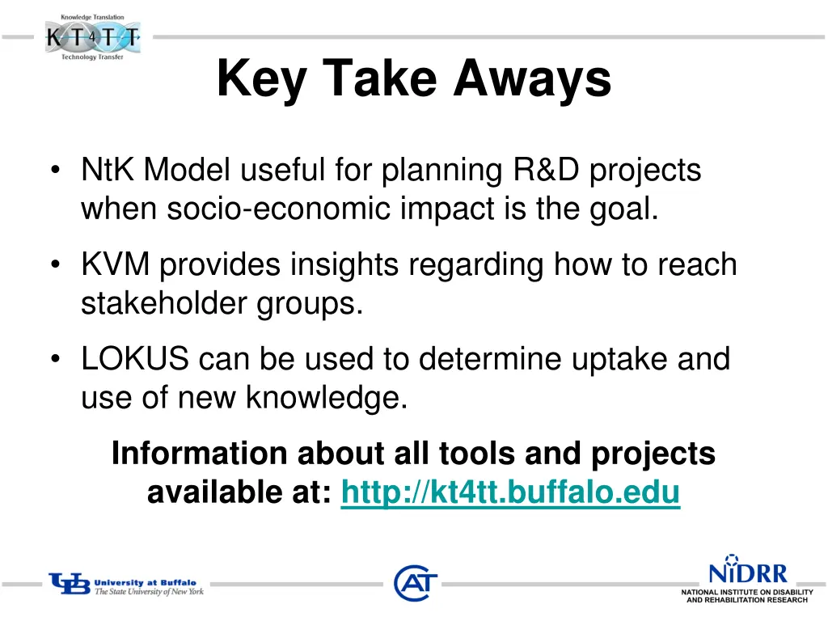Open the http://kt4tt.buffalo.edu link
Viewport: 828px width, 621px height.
pyautogui.click(x=510, y=491)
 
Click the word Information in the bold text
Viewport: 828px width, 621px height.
pyautogui.click(x=198, y=453)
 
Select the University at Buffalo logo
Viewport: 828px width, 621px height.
pyautogui.click(x=126, y=585)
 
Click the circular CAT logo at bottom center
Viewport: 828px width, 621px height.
pyautogui.click(x=415, y=583)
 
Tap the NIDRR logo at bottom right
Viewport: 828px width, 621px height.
pyautogui.click(x=746, y=580)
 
